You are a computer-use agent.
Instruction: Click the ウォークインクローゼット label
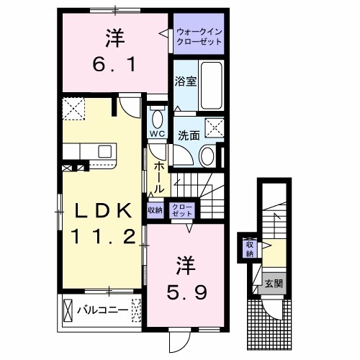click(x=198, y=37)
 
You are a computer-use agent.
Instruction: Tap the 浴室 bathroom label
click(x=184, y=82)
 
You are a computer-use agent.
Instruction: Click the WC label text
click(x=158, y=134)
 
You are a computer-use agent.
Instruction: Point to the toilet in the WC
click(x=158, y=117)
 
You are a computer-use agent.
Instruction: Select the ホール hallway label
click(x=158, y=175)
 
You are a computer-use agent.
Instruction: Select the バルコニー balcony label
click(x=103, y=311)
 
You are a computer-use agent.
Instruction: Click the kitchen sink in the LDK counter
click(x=105, y=152)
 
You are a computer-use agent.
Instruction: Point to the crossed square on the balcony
click(x=69, y=311)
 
